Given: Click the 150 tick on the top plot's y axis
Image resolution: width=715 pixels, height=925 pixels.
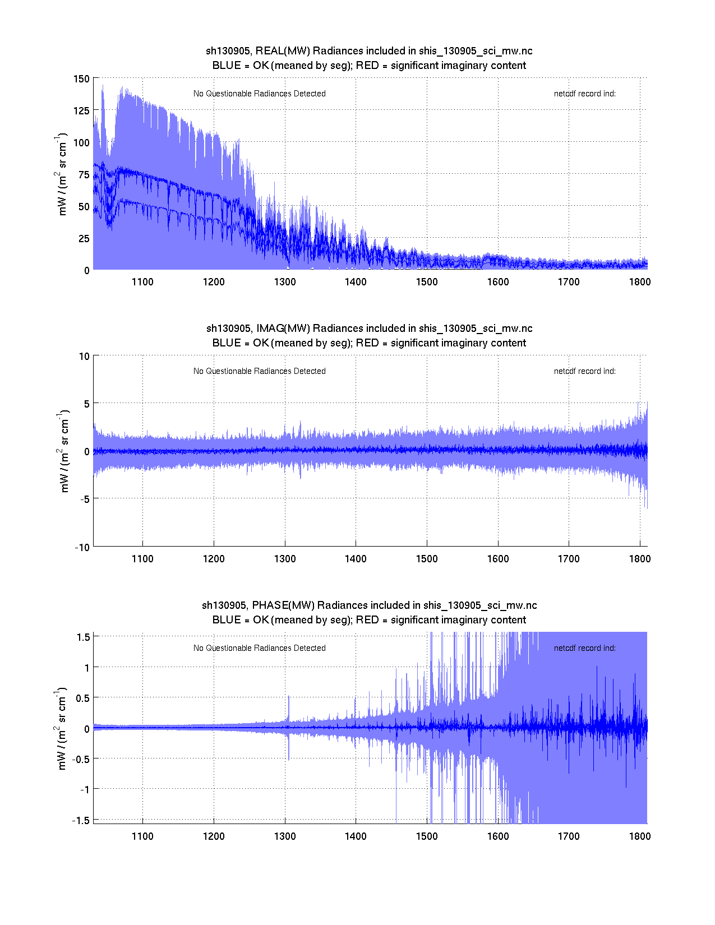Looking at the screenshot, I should click(81, 79).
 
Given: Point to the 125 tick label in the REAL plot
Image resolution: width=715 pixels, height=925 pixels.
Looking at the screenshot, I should click(81, 111).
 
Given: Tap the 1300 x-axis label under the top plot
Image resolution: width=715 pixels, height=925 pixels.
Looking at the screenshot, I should click(285, 282).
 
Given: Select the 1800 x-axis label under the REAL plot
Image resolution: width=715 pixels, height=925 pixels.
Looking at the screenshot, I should click(640, 282).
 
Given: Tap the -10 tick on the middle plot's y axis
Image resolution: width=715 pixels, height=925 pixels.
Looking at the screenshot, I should click(82, 548).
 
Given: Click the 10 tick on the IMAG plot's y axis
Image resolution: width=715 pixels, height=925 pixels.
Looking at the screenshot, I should click(84, 357).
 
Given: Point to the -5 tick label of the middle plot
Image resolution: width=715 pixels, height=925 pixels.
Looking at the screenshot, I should click(84, 499).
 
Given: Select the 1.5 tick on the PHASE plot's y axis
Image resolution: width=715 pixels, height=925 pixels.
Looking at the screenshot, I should click(84, 637).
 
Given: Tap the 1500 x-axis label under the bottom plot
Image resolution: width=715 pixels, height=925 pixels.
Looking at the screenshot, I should click(427, 836).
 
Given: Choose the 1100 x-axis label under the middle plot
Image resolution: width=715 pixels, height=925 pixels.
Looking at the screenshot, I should click(142, 559).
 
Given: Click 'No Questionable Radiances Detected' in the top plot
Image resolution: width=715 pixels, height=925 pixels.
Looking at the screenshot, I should click(260, 94).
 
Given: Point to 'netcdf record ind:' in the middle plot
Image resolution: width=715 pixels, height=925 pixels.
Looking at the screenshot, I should click(585, 371).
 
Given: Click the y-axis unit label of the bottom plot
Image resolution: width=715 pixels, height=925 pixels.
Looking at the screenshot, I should click(61, 728).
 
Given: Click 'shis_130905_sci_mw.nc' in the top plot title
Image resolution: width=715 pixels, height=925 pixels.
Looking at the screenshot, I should click(476, 51).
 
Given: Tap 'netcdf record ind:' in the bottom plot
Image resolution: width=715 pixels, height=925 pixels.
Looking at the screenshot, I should click(585, 648).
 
